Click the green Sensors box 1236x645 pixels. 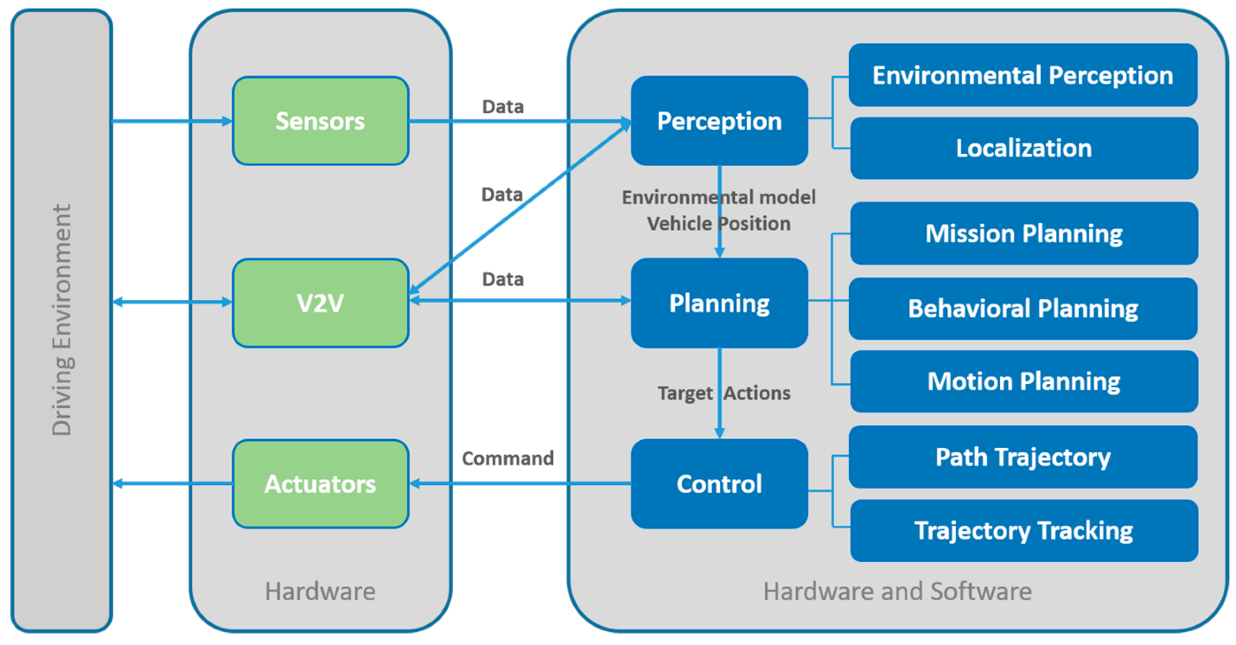[320, 121]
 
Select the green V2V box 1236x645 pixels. [320, 303]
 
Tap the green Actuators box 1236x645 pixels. [320, 483]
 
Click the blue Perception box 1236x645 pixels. [719, 121]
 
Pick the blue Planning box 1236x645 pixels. [719, 303]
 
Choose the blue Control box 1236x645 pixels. [719, 483]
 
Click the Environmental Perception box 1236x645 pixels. [1023, 75]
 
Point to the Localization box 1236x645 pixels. [1023, 148]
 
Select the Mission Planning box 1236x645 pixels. [1023, 233]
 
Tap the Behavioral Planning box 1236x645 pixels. [1023, 309]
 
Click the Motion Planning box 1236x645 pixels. [1023, 381]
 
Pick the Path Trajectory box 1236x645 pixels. [1023, 457]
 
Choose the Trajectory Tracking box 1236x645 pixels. [1023, 530]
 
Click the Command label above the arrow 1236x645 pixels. [507, 458]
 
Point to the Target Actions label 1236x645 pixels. [723, 393]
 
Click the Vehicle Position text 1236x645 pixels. [719, 223]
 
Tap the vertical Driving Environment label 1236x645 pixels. [61, 320]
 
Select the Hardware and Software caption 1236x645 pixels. [897, 591]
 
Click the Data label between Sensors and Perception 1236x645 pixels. [502, 106]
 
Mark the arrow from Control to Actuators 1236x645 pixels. [519, 483]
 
